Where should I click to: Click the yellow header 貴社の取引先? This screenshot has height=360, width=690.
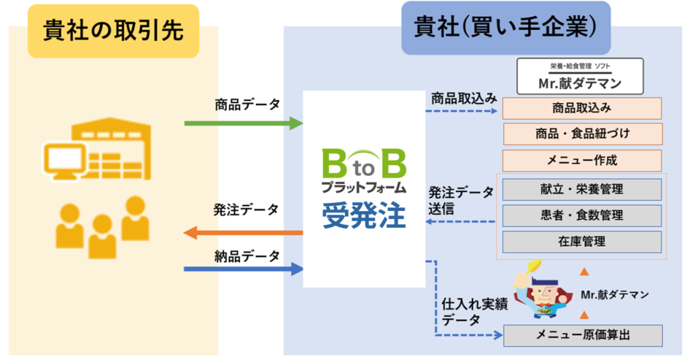tap(113, 31)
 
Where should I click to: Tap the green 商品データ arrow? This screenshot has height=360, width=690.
tap(243, 123)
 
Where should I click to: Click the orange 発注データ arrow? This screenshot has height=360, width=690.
tap(243, 233)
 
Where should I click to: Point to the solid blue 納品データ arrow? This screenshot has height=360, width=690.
tap(243, 269)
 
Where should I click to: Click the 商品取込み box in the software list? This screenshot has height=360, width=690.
tap(582, 109)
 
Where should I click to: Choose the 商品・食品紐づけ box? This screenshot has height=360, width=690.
tap(582, 133)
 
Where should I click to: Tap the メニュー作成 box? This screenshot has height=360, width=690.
tap(582, 160)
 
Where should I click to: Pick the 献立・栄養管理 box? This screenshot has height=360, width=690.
tap(582, 189)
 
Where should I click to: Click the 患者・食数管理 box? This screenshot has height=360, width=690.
tap(582, 215)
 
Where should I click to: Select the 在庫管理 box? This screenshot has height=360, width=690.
tap(582, 241)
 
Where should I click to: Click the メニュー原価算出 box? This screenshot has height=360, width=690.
tap(583, 335)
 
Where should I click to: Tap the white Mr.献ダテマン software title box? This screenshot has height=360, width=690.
tap(579, 76)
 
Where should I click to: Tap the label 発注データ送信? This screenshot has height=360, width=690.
tap(462, 200)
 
